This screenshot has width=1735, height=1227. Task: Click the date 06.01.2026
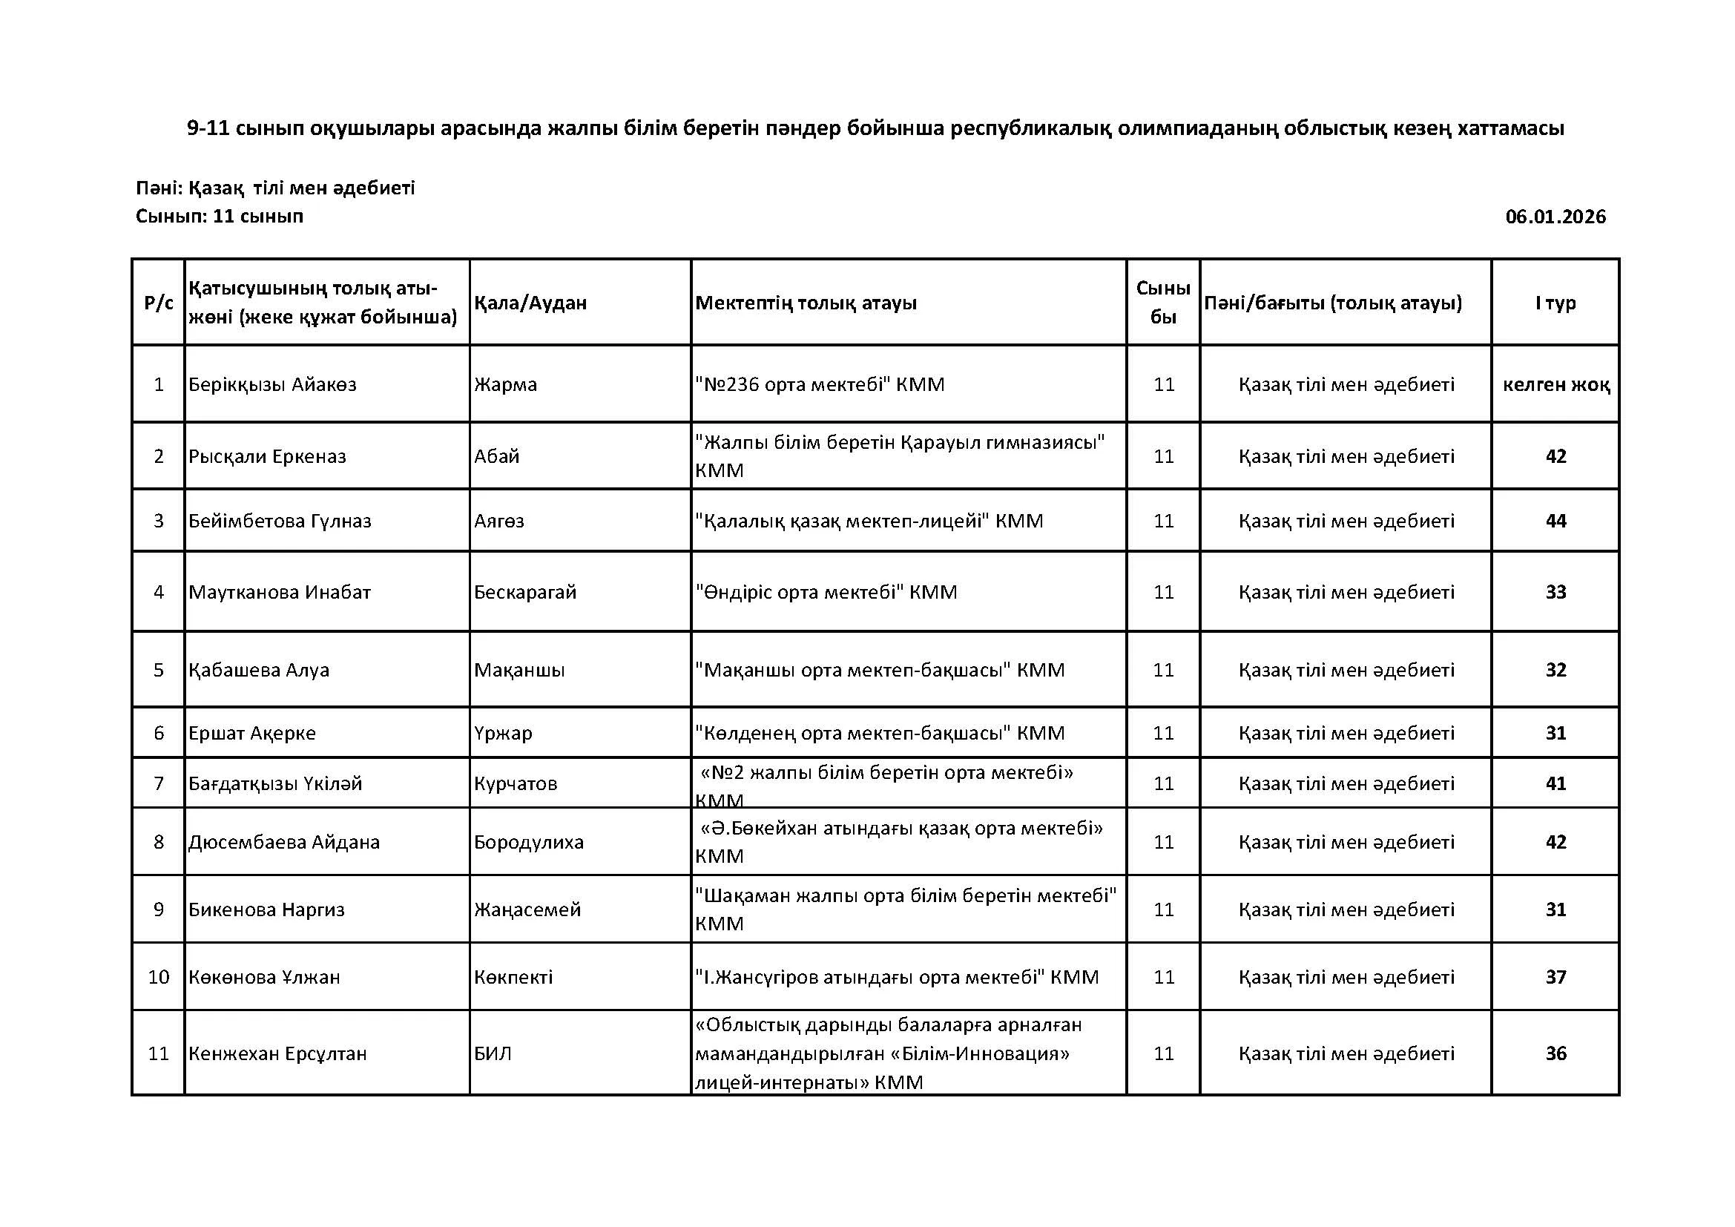(1555, 217)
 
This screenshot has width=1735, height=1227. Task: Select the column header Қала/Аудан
(530, 303)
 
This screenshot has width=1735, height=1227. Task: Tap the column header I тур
(1555, 303)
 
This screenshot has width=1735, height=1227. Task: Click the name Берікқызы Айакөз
(272, 384)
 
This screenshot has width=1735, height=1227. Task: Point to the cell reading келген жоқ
(1556, 384)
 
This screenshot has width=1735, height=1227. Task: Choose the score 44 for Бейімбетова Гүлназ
(1556, 521)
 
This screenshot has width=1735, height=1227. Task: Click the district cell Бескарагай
(525, 591)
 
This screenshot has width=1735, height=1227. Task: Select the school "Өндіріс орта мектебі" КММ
(826, 591)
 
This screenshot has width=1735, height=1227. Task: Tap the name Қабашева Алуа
(258, 670)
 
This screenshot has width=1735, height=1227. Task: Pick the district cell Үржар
(502, 733)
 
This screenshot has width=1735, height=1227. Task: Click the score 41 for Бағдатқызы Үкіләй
(1556, 783)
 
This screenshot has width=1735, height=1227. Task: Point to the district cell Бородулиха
(529, 842)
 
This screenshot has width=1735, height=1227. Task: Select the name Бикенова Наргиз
(266, 909)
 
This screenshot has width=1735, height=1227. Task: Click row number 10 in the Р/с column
(159, 977)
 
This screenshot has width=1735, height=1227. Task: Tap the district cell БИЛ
(493, 1053)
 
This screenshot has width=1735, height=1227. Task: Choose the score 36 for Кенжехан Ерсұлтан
(1556, 1053)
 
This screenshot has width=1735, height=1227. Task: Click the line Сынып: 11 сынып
(219, 217)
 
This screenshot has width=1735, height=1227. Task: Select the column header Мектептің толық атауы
(806, 303)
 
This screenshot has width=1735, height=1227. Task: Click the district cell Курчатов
(516, 783)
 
